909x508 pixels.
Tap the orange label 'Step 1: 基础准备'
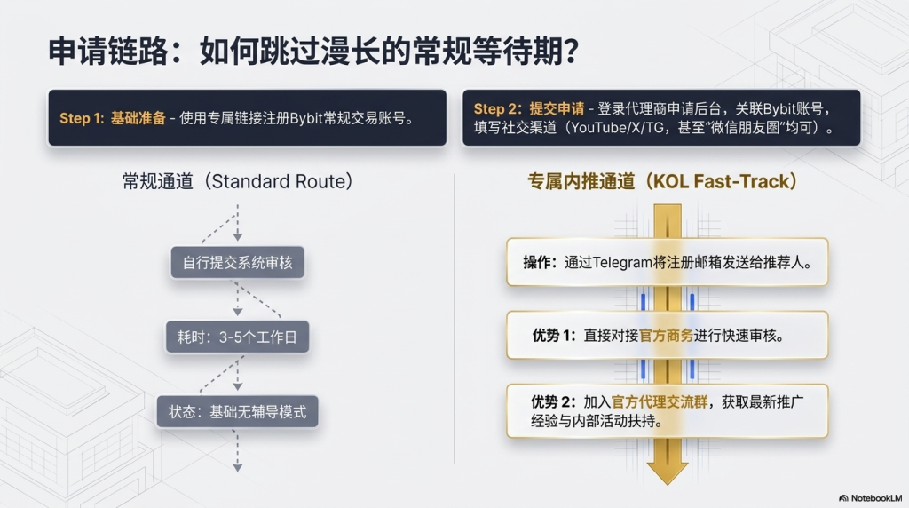click(113, 118)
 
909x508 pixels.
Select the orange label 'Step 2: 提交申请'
click(529, 108)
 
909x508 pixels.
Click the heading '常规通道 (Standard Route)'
click(237, 182)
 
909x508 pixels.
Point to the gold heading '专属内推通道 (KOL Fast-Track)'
click(662, 181)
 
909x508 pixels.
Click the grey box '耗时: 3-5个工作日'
click(237, 337)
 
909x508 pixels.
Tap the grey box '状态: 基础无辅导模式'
click(237, 412)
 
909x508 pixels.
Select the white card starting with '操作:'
click(667, 262)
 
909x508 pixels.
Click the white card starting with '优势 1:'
click(667, 336)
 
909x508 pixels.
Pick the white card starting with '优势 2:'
click(667, 410)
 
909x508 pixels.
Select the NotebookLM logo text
click(872, 498)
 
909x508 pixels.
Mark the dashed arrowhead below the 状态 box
click(237, 465)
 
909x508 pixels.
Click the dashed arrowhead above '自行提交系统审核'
click(237, 236)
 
